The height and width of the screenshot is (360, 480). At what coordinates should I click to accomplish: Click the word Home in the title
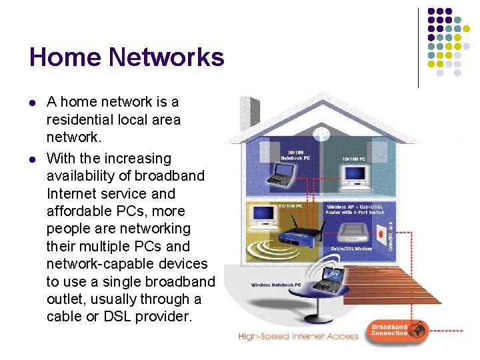pos(62,57)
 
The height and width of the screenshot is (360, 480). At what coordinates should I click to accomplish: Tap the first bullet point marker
pos(33,103)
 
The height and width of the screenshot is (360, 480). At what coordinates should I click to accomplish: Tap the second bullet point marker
pos(33,159)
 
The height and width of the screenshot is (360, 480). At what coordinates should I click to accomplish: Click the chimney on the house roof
pos(249,111)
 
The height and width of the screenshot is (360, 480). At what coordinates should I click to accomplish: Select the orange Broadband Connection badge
pos(397,331)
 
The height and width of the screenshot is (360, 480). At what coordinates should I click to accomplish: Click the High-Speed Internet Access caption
pos(298,337)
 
